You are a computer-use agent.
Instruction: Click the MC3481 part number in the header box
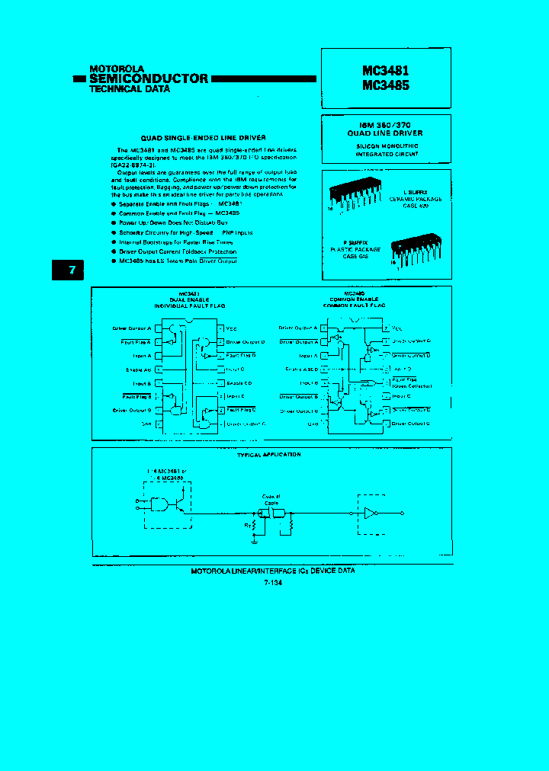(385, 70)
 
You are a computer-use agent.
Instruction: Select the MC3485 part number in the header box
(385, 85)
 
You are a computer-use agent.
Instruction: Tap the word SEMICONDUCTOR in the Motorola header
(148, 78)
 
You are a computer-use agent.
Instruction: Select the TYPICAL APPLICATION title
(270, 455)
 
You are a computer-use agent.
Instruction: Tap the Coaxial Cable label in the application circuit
(272, 499)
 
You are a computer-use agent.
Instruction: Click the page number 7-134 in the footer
(272, 583)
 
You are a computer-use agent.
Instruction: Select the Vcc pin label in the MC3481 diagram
(231, 328)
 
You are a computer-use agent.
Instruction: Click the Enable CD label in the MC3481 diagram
(239, 382)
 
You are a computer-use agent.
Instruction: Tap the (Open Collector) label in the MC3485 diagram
(411, 385)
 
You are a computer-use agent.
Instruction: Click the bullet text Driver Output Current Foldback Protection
(178, 251)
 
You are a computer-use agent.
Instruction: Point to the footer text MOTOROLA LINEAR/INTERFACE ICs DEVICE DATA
(271, 571)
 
